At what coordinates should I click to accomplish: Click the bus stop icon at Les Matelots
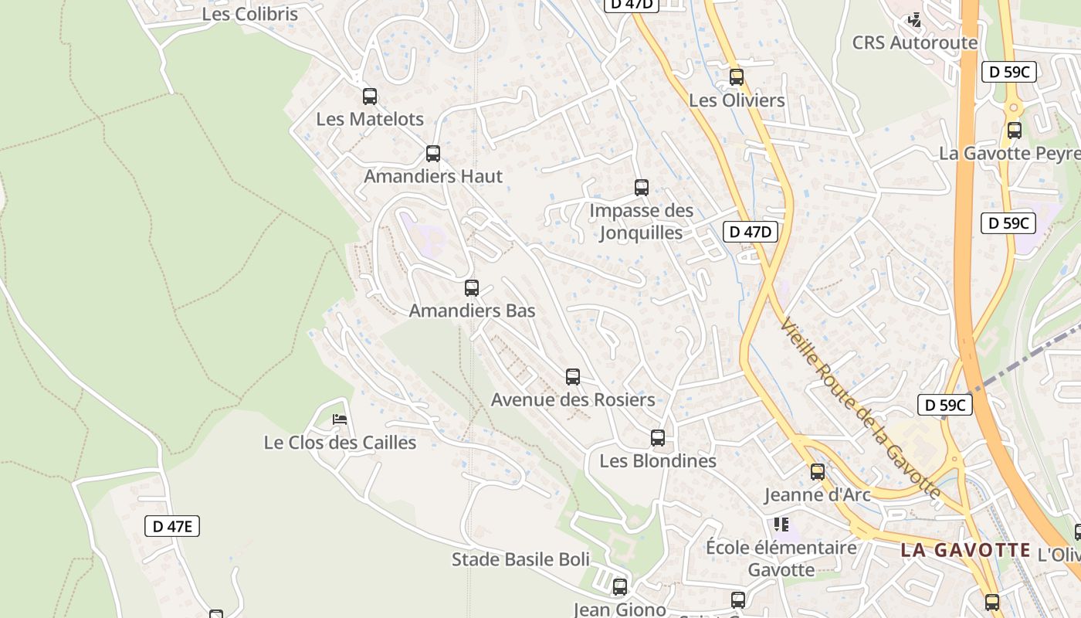(x=370, y=97)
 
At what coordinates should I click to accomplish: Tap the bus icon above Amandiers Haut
(x=433, y=153)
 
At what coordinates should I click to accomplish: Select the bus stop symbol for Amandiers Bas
(x=472, y=288)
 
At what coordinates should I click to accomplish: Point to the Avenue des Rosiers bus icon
(x=573, y=377)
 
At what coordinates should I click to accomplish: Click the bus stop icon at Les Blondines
(x=658, y=438)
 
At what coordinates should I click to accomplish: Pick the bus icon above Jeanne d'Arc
(x=818, y=471)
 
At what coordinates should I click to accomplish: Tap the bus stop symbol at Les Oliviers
(x=737, y=77)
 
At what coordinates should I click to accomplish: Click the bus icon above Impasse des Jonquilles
(x=642, y=187)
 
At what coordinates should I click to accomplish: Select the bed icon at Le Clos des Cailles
(x=340, y=419)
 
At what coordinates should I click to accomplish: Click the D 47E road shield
(x=172, y=527)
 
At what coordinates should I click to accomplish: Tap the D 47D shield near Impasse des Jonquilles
(x=750, y=231)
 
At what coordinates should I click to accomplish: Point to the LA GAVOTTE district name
(x=965, y=551)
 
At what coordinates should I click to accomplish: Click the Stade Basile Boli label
(x=520, y=559)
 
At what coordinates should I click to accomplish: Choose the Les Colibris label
(x=249, y=14)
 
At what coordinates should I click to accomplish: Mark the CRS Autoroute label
(x=914, y=42)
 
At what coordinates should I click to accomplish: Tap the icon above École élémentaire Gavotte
(x=781, y=525)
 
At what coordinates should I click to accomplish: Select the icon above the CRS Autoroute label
(x=915, y=20)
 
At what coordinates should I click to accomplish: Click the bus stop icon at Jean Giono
(x=620, y=587)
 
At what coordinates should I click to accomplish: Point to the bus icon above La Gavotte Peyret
(x=1015, y=131)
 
